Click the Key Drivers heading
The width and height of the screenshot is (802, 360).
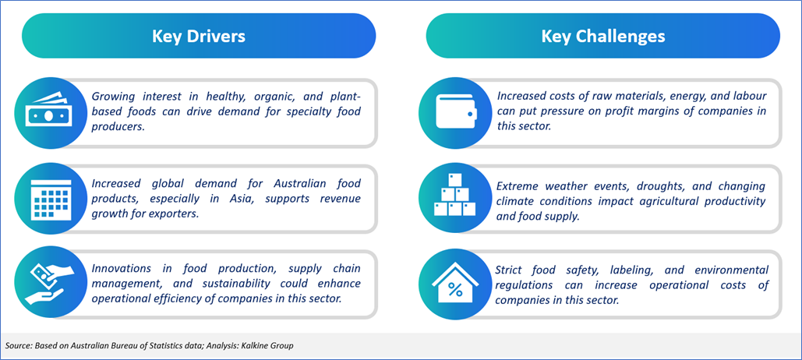pyautogui.click(x=199, y=37)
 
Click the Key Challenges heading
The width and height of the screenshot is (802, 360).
pyautogui.click(x=603, y=37)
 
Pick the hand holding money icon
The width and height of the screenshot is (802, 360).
pyautogui.click(x=47, y=283)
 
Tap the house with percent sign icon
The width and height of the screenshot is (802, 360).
pyautogui.click(x=454, y=282)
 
